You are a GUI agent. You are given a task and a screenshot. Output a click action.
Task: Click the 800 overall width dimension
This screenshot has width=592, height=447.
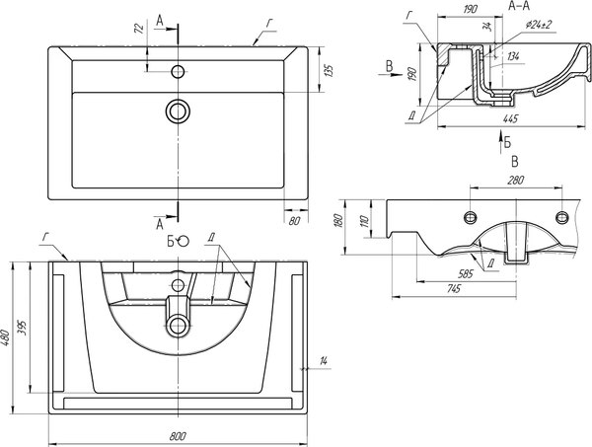point(178,435)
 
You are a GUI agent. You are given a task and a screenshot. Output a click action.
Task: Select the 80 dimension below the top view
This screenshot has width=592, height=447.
point(294,221)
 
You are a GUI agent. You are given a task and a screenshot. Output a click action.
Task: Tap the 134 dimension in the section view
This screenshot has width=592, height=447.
point(512,56)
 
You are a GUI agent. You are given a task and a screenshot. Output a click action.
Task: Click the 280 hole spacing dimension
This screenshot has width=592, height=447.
point(515,181)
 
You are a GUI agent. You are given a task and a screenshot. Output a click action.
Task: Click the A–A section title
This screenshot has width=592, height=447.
point(520,6)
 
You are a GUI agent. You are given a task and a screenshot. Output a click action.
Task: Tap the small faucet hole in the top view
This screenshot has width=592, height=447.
point(179,71)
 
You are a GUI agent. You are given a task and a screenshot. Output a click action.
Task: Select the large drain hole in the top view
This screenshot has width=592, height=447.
point(179,110)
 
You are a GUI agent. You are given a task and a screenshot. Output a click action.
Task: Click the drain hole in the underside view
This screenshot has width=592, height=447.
point(179,325)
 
